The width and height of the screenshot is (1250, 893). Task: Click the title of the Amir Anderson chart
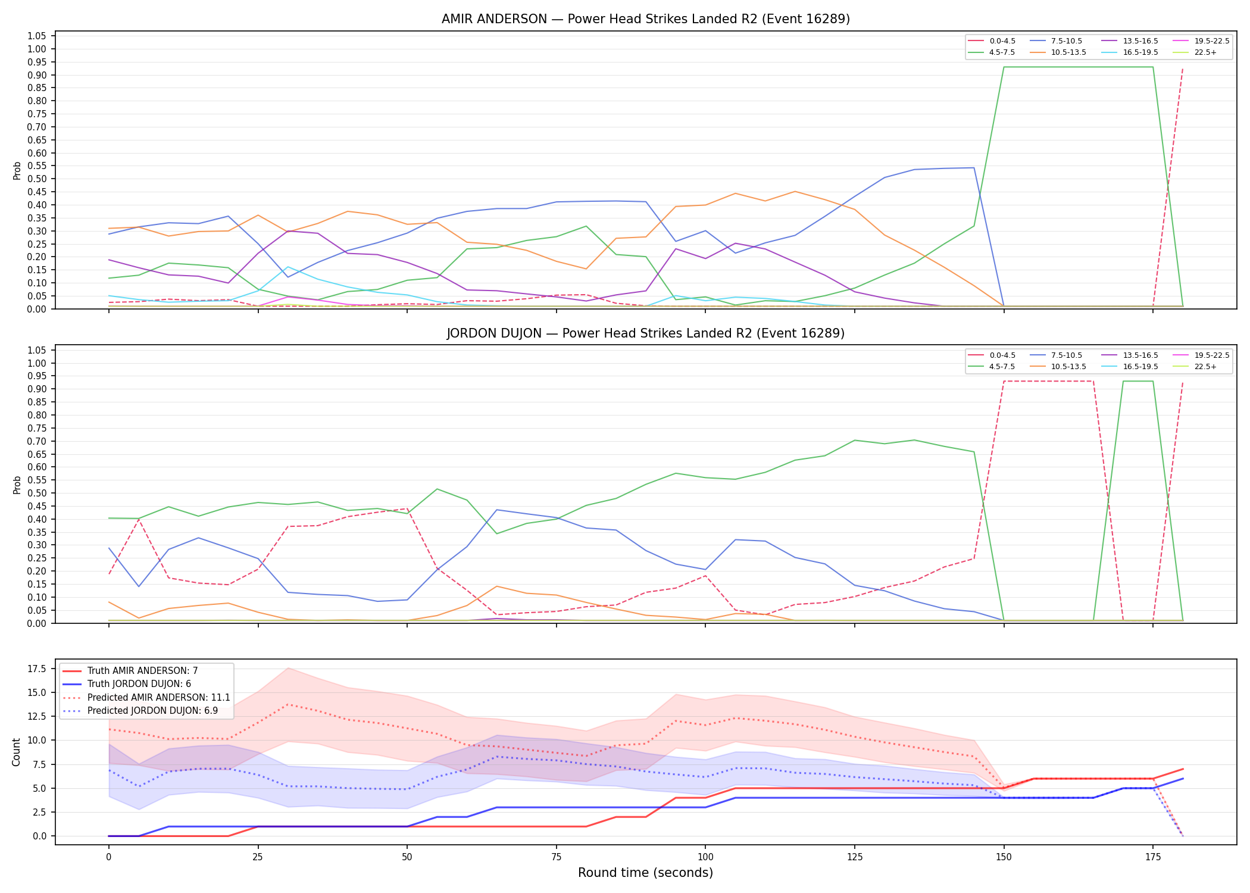coord(646,19)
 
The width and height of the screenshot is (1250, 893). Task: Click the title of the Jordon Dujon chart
coord(646,333)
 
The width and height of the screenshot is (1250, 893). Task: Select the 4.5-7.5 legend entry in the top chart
coord(992,52)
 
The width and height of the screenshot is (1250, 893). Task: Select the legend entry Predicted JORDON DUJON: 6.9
coord(146,711)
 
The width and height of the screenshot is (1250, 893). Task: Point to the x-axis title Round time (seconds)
coord(646,873)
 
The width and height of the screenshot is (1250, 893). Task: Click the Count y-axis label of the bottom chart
coord(17,752)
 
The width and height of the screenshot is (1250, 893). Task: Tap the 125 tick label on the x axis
coord(854,857)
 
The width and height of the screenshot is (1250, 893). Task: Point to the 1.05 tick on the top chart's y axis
coord(37,36)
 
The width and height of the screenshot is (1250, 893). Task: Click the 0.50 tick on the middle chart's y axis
coord(37,493)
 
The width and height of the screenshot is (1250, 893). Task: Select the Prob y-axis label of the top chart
coord(17,171)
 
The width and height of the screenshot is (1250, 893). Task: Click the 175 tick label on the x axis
coord(1153,857)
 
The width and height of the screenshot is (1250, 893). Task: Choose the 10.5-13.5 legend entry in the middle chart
coord(1057,367)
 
